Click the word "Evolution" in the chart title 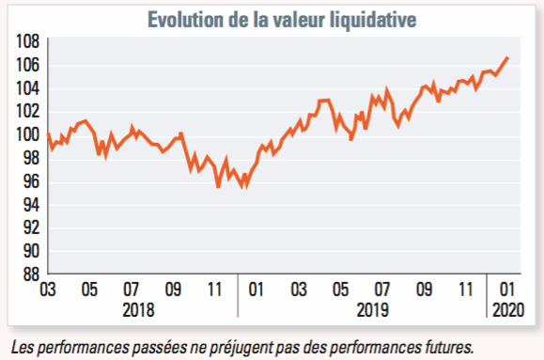[x=185, y=20]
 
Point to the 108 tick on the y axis [x=28, y=41]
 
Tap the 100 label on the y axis [x=28, y=134]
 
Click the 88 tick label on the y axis [x=32, y=274]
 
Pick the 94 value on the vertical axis [x=32, y=205]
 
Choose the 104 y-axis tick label [x=28, y=88]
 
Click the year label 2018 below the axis [x=138, y=310]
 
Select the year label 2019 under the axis [x=373, y=310]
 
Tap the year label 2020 [x=508, y=310]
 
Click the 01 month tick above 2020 [x=506, y=290]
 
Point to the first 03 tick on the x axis [x=48, y=290]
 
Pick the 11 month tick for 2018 [x=214, y=290]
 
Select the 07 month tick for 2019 [x=382, y=290]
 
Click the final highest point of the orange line [x=507, y=58]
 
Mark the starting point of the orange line [x=48, y=134]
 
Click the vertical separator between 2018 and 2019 [x=238, y=295]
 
